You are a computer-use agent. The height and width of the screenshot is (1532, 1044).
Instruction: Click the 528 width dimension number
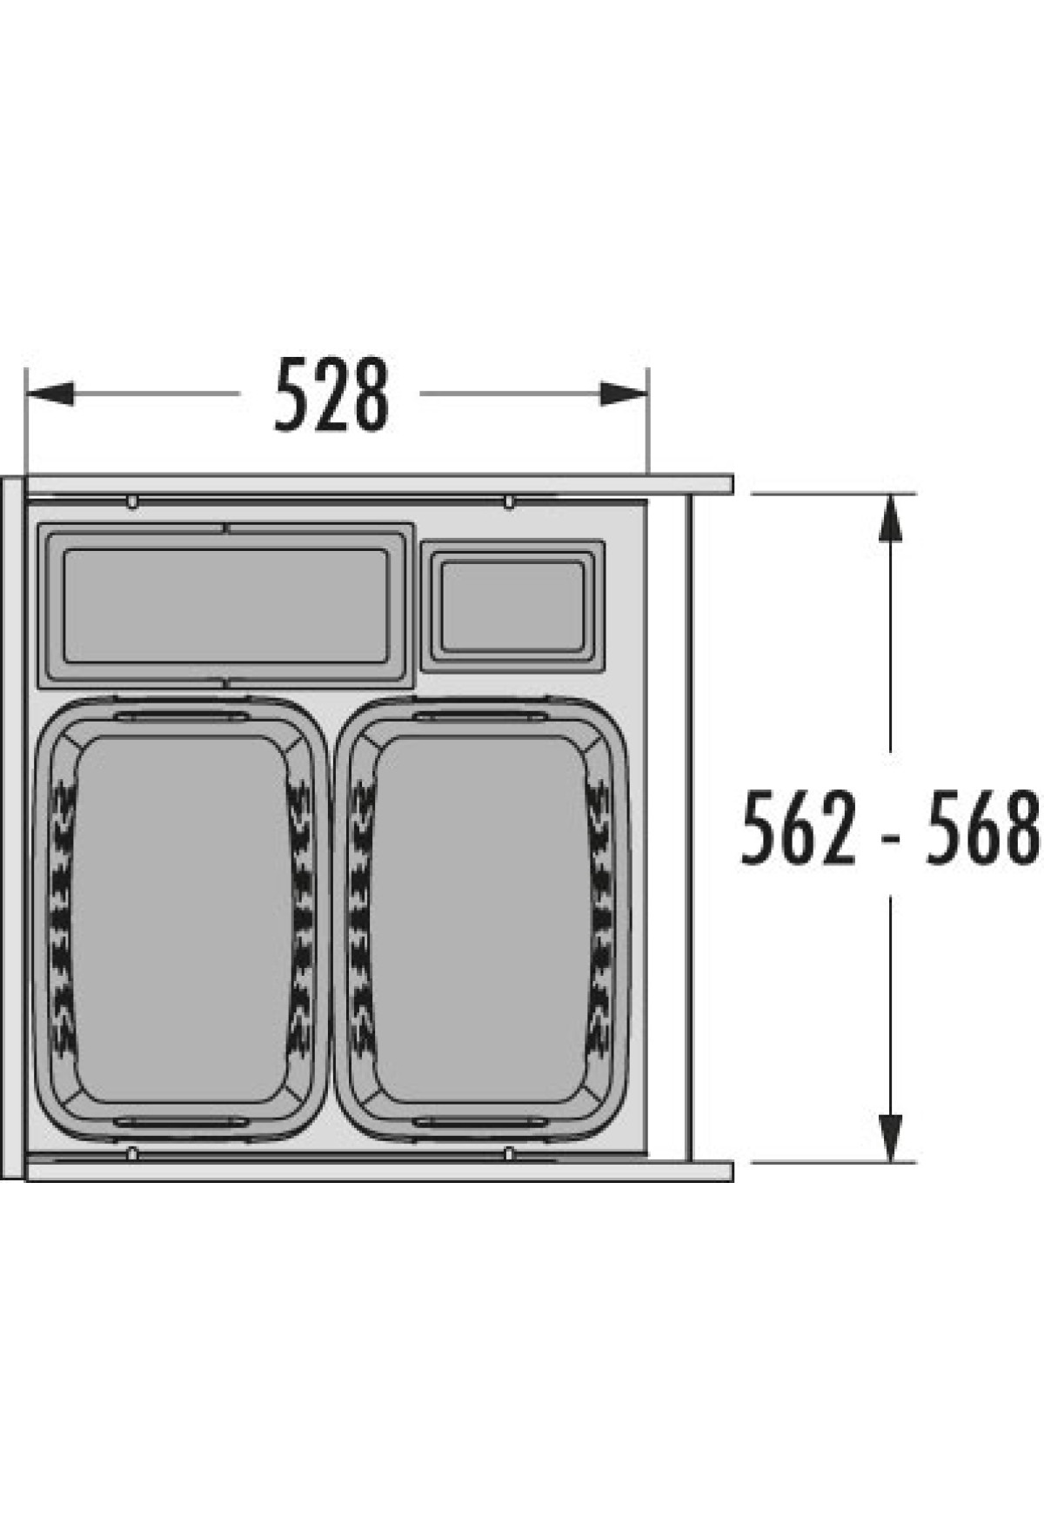click(x=331, y=394)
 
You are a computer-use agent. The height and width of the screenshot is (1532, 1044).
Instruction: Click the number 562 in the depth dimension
click(x=799, y=827)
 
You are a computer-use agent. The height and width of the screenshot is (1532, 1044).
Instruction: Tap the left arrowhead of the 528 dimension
click(x=50, y=393)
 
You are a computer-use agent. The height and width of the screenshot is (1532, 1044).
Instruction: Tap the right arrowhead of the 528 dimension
click(x=624, y=393)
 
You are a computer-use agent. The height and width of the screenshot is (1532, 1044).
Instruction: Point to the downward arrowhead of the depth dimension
click(x=889, y=1137)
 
